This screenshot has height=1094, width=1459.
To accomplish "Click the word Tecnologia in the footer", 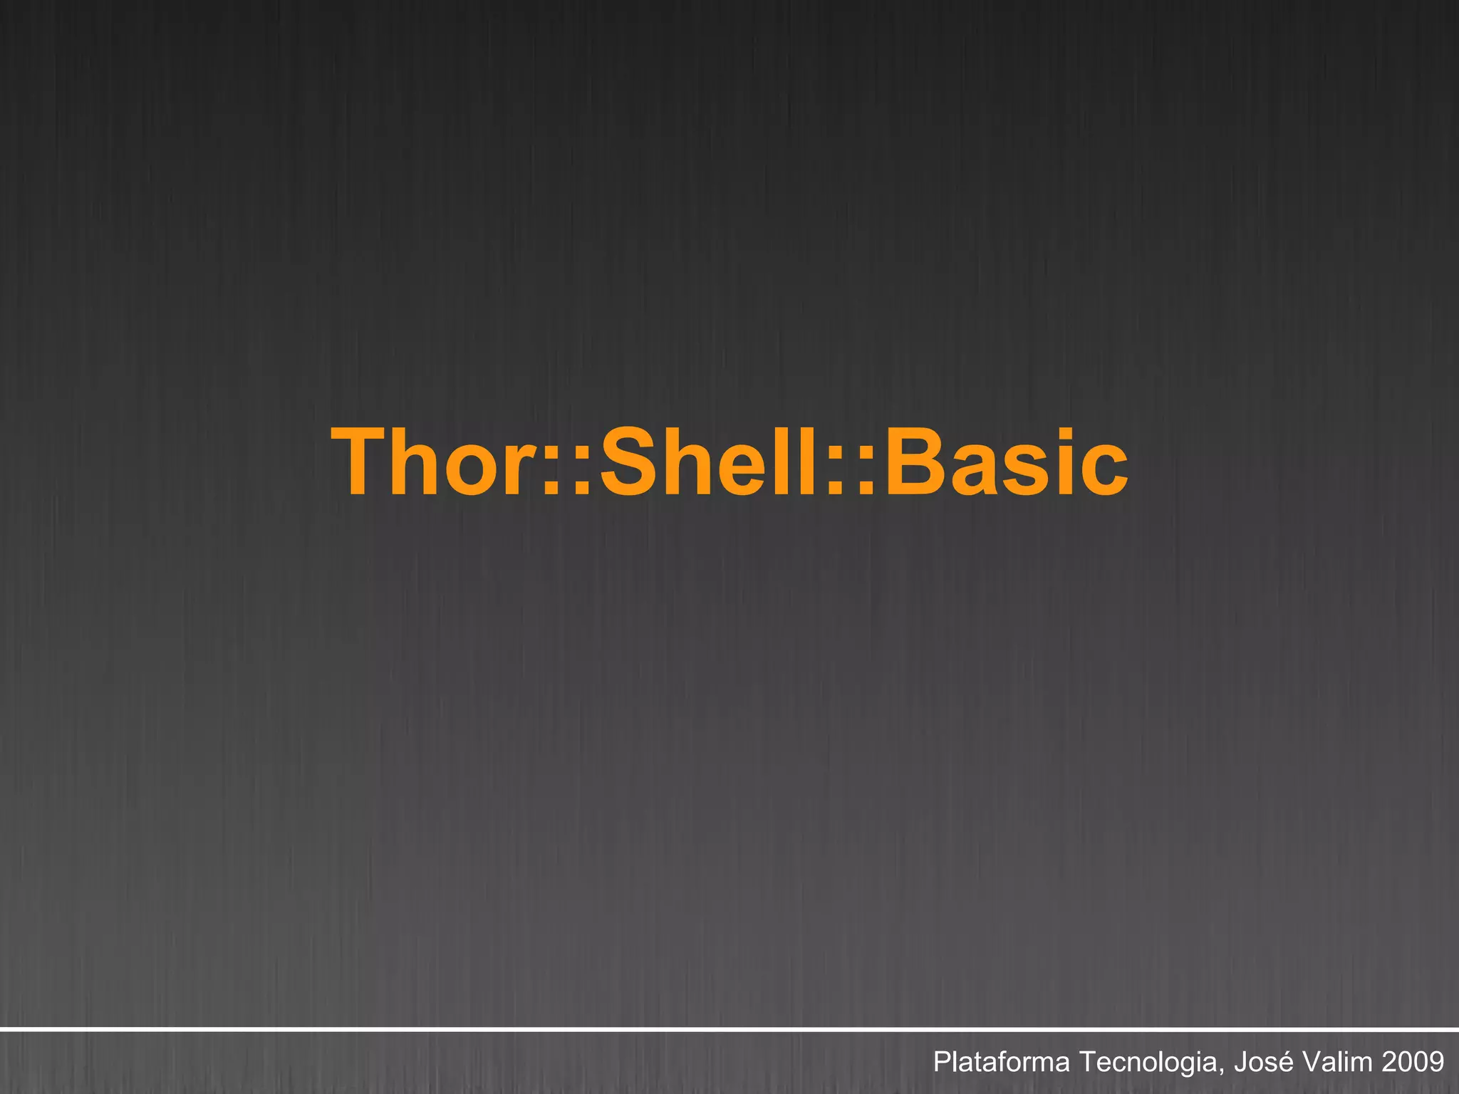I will tap(1149, 1062).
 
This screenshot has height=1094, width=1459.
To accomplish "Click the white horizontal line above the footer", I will tap(729, 1029).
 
